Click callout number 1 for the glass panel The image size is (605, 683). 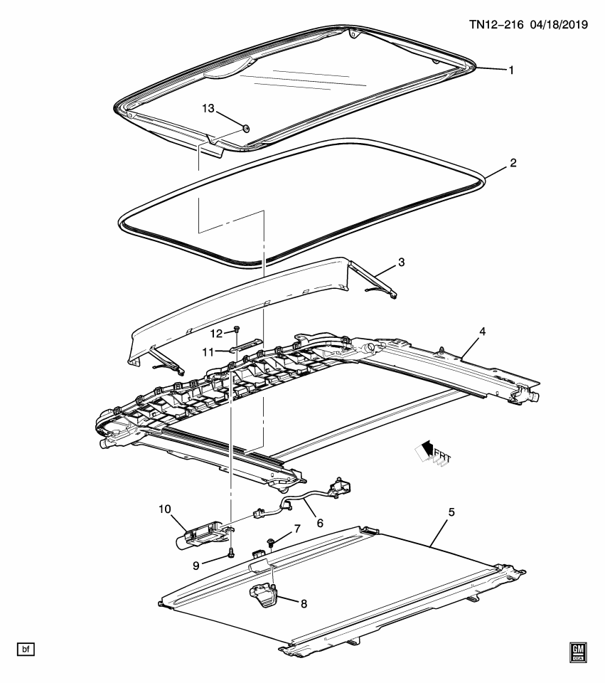pyautogui.click(x=510, y=70)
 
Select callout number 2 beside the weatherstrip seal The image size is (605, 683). pyautogui.click(x=513, y=163)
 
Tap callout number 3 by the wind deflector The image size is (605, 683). pyautogui.click(x=402, y=263)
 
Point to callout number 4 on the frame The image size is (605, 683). pyautogui.click(x=482, y=332)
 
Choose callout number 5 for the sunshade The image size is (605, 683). pyautogui.click(x=451, y=512)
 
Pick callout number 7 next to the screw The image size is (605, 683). pyautogui.click(x=297, y=529)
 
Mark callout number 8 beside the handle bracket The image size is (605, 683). pyautogui.click(x=304, y=604)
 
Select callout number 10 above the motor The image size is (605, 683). pyautogui.click(x=165, y=509)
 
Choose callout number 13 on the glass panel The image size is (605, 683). pyautogui.click(x=208, y=108)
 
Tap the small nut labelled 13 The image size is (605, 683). pyautogui.click(x=245, y=128)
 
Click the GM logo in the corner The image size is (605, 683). pyautogui.click(x=577, y=652)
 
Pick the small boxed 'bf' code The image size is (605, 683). pyautogui.click(x=26, y=649)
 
